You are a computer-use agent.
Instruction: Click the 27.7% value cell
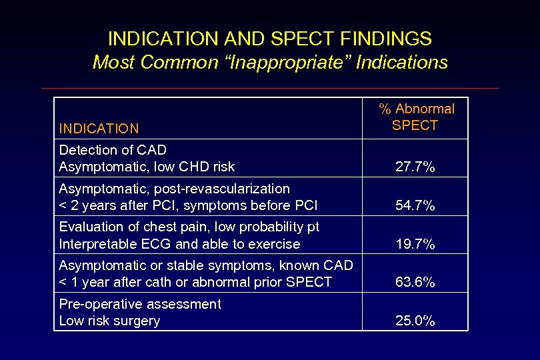(x=415, y=167)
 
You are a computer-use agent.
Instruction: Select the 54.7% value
(x=415, y=206)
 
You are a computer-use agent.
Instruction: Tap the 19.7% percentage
(x=415, y=245)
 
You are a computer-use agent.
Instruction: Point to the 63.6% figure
(x=415, y=283)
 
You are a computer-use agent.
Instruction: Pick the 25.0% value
(x=415, y=321)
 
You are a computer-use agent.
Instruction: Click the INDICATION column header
(x=99, y=129)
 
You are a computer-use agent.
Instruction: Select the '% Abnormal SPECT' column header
(x=415, y=117)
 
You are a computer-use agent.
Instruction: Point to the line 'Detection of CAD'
(x=113, y=149)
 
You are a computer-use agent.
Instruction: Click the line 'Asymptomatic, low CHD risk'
(x=147, y=167)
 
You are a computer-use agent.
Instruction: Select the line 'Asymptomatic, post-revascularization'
(x=174, y=189)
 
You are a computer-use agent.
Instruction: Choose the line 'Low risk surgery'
(x=109, y=321)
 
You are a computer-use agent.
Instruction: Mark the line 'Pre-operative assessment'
(x=140, y=304)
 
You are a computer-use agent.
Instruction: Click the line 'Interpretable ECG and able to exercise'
(x=179, y=244)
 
